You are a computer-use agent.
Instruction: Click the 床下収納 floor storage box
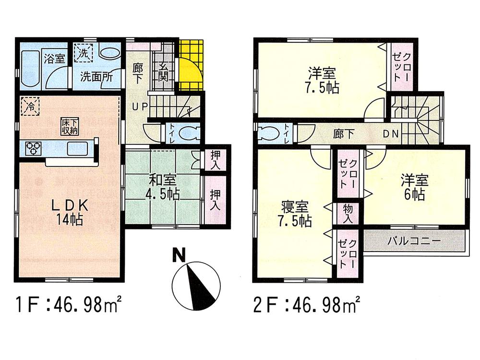pyautogui.click(x=67, y=126)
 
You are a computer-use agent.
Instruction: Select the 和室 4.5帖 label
pyautogui.click(x=163, y=187)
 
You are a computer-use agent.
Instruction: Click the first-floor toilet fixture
pyautogui.click(x=184, y=132)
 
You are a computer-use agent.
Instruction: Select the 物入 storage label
pyautogui.click(x=347, y=213)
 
